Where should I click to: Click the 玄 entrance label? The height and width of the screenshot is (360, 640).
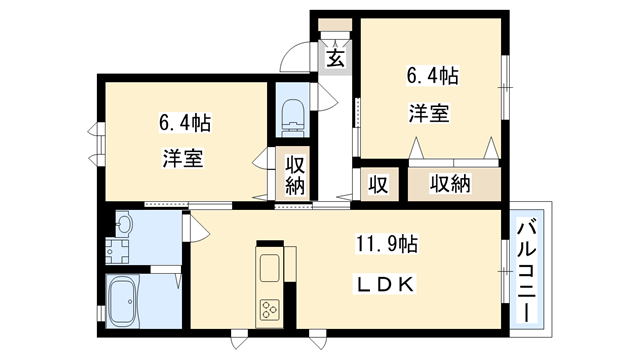click(336, 57)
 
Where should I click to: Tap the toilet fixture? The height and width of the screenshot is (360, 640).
click(294, 114)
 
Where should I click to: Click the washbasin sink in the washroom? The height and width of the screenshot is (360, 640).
click(124, 226)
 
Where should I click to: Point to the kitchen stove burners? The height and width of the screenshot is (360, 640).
click(271, 309)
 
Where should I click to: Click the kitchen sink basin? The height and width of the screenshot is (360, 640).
click(271, 268)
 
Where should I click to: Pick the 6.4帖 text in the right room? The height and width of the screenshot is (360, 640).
click(432, 75)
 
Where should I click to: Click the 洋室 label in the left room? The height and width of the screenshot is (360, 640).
click(183, 158)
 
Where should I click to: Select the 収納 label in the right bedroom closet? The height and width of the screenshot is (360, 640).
click(450, 183)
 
